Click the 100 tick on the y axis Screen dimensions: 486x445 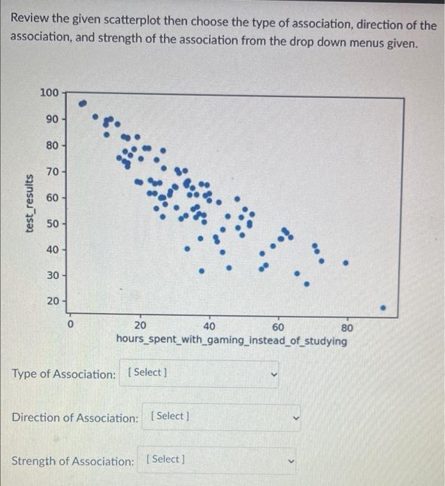49,92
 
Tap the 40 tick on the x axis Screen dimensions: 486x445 209,327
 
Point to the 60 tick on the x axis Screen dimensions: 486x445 278,327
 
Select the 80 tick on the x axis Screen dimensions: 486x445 348,327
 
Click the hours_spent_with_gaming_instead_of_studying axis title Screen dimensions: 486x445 232,341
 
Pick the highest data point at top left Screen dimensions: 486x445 83,103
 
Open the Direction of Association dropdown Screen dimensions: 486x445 222,417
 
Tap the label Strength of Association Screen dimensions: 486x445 72,461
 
